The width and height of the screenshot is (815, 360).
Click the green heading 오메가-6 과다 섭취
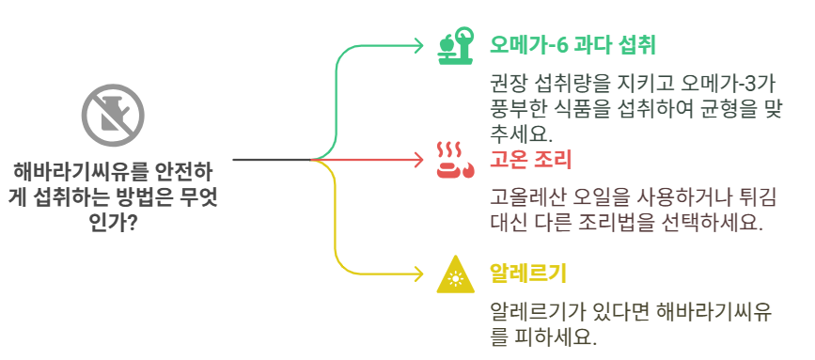click(572, 45)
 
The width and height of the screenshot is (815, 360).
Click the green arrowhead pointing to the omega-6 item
click(419, 44)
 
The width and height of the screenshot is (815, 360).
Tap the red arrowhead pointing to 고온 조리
click(419, 160)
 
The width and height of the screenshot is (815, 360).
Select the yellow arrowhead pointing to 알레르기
click(419, 274)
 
